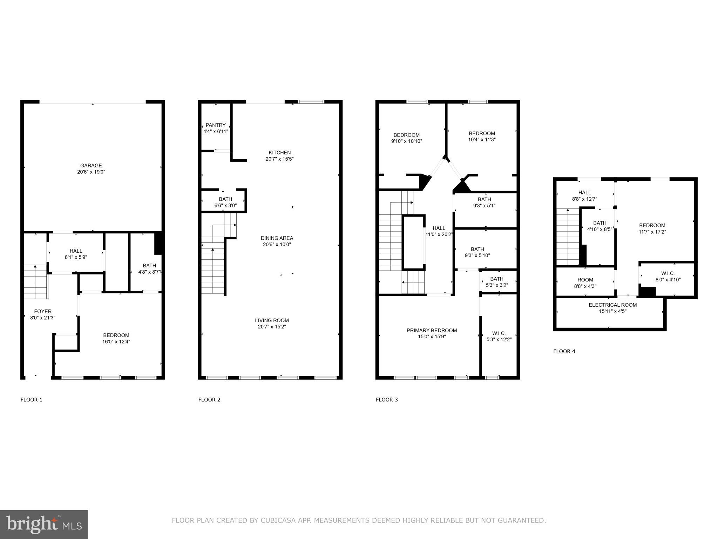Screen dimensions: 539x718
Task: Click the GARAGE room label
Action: click(91, 166)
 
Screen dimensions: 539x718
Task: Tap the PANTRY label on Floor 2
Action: click(216, 125)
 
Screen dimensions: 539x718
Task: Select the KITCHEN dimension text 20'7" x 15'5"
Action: click(279, 159)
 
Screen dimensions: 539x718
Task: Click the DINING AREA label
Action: click(277, 238)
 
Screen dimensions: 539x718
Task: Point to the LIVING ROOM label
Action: click(272, 320)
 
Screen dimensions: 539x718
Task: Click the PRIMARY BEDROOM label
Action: click(432, 331)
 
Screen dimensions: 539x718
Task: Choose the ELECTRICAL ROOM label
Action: click(612, 305)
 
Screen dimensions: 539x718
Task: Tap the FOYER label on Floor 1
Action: click(43, 312)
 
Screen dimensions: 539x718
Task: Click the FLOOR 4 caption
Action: click(564, 351)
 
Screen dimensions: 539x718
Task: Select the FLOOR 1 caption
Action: click(32, 400)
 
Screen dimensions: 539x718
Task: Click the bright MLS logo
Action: click(44, 525)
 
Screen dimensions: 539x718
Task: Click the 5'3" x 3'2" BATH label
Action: click(497, 282)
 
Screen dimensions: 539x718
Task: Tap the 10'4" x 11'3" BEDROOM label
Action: click(482, 137)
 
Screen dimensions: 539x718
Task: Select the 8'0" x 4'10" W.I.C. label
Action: click(668, 277)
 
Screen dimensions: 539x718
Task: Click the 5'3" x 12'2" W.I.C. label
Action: click(499, 337)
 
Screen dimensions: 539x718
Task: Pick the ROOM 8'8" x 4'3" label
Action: click(585, 283)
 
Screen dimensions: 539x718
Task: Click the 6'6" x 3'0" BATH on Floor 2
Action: click(225, 202)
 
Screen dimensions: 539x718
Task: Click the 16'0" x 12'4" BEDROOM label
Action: click(116, 338)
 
